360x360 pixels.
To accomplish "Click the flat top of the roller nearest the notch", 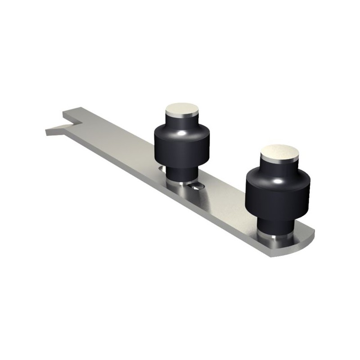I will pos(182,109).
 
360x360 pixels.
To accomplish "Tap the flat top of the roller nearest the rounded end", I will pos(279,152).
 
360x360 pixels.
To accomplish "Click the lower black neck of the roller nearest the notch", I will pos(180,172).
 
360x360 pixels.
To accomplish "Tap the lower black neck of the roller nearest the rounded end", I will pos(275,222).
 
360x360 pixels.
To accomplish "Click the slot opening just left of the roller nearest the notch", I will pos(160,168).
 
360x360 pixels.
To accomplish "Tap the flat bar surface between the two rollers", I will pos(225,198).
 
